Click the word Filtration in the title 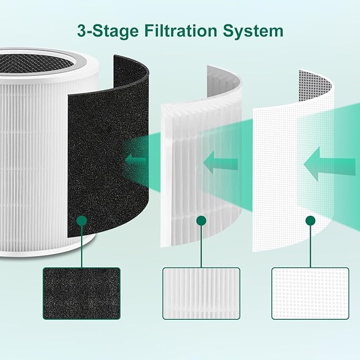(x=180, y=30)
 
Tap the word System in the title (x=253, y=30)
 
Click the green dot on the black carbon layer (x=81, y=219)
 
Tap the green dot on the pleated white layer (x=200, y=219)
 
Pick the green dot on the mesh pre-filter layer (x=310, y=219)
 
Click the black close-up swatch (x=81, y=293)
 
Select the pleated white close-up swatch (x=201, y=293)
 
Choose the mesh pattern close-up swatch (x=310, y=293)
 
